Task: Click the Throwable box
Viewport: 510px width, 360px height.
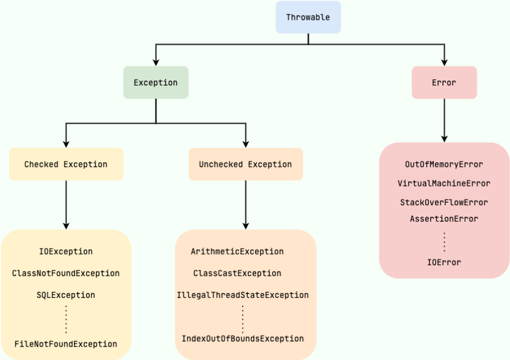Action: tap(308, 17)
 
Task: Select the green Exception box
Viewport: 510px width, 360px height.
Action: tap(156, 83)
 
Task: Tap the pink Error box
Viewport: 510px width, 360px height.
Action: tap(445, 83)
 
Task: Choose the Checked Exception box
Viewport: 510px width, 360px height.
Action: tap(66, 164)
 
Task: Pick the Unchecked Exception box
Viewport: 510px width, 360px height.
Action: tap(246, 164)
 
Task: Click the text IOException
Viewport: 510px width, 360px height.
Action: tap(66, 251)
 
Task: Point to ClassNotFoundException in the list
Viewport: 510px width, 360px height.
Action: tap(66, 273)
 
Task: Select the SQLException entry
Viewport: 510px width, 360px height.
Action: tap(66, 295)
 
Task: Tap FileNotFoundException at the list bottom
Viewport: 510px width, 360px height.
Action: tap(66, 344)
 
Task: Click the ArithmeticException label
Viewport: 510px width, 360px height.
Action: tap(237, 251)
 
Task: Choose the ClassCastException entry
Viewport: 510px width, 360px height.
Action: tap(237, 273)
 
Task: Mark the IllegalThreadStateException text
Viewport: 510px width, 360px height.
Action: tap(243, 295)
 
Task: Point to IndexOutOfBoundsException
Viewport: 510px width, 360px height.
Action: tap(243, 338)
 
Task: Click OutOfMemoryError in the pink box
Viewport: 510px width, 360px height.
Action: tap(444, 164)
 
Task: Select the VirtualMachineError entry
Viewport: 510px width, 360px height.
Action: tap(444, 183)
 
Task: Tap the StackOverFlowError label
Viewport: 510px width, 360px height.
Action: tap(444, 203)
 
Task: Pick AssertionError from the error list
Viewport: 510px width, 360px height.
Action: tap(444, 219)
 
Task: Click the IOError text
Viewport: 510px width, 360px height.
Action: tap(444, 263)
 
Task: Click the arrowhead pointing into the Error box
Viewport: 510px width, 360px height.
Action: tap(445, 63)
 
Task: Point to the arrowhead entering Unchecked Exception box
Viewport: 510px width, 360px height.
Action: tap(246, 144)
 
